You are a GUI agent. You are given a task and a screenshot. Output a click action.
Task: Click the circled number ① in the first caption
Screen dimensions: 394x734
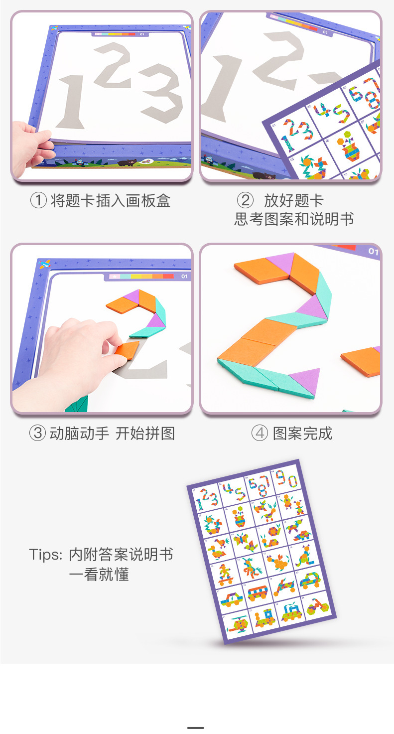point(38,200)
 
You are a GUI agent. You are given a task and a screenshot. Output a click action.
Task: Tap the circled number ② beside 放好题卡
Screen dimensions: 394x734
point(245,200)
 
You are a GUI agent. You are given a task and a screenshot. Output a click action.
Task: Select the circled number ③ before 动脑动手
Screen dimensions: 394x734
point(38,433)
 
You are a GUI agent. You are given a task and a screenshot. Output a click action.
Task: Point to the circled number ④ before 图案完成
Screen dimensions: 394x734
point(260,433)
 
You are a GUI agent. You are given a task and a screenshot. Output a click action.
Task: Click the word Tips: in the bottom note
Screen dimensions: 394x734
point(45,555)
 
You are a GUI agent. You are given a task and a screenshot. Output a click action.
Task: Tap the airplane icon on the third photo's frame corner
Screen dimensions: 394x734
point(44,264)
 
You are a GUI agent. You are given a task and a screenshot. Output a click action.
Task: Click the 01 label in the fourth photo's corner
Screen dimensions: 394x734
point(374,252)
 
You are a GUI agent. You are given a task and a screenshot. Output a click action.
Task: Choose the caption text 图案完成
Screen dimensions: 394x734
point(303,433)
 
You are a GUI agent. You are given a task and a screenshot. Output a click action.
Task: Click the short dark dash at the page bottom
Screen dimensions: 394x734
point(196,728)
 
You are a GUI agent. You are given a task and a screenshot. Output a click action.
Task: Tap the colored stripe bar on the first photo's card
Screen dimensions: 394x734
point(115,34)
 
